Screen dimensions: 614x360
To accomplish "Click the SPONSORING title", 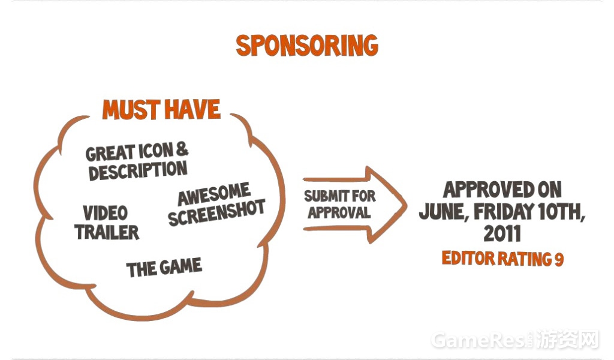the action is pyautogui.click(x=307, y=46).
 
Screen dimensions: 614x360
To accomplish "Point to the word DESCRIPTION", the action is pyautogui.click(x=138, y=171).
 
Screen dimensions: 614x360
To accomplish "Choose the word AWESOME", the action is pyautogui.click(x=214, y=194).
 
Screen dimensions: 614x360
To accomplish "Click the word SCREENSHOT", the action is pyautogui.click(x=216, y=213).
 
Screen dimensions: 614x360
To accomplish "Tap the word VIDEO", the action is pyautogui.click(x=106, y=213).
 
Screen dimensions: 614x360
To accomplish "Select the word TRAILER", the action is pyautogui.click(x=107, y=232).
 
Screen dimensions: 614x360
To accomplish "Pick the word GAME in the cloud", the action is pyautogui.click(x=180, y=267).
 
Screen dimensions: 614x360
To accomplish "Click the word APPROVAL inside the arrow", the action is pyautogui.click(x=339, y=212).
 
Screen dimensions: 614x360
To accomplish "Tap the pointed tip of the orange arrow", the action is pyautogui.click(x=406, y=205).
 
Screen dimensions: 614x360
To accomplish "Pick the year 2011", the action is pyautogui.click(x=502, y=234).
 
